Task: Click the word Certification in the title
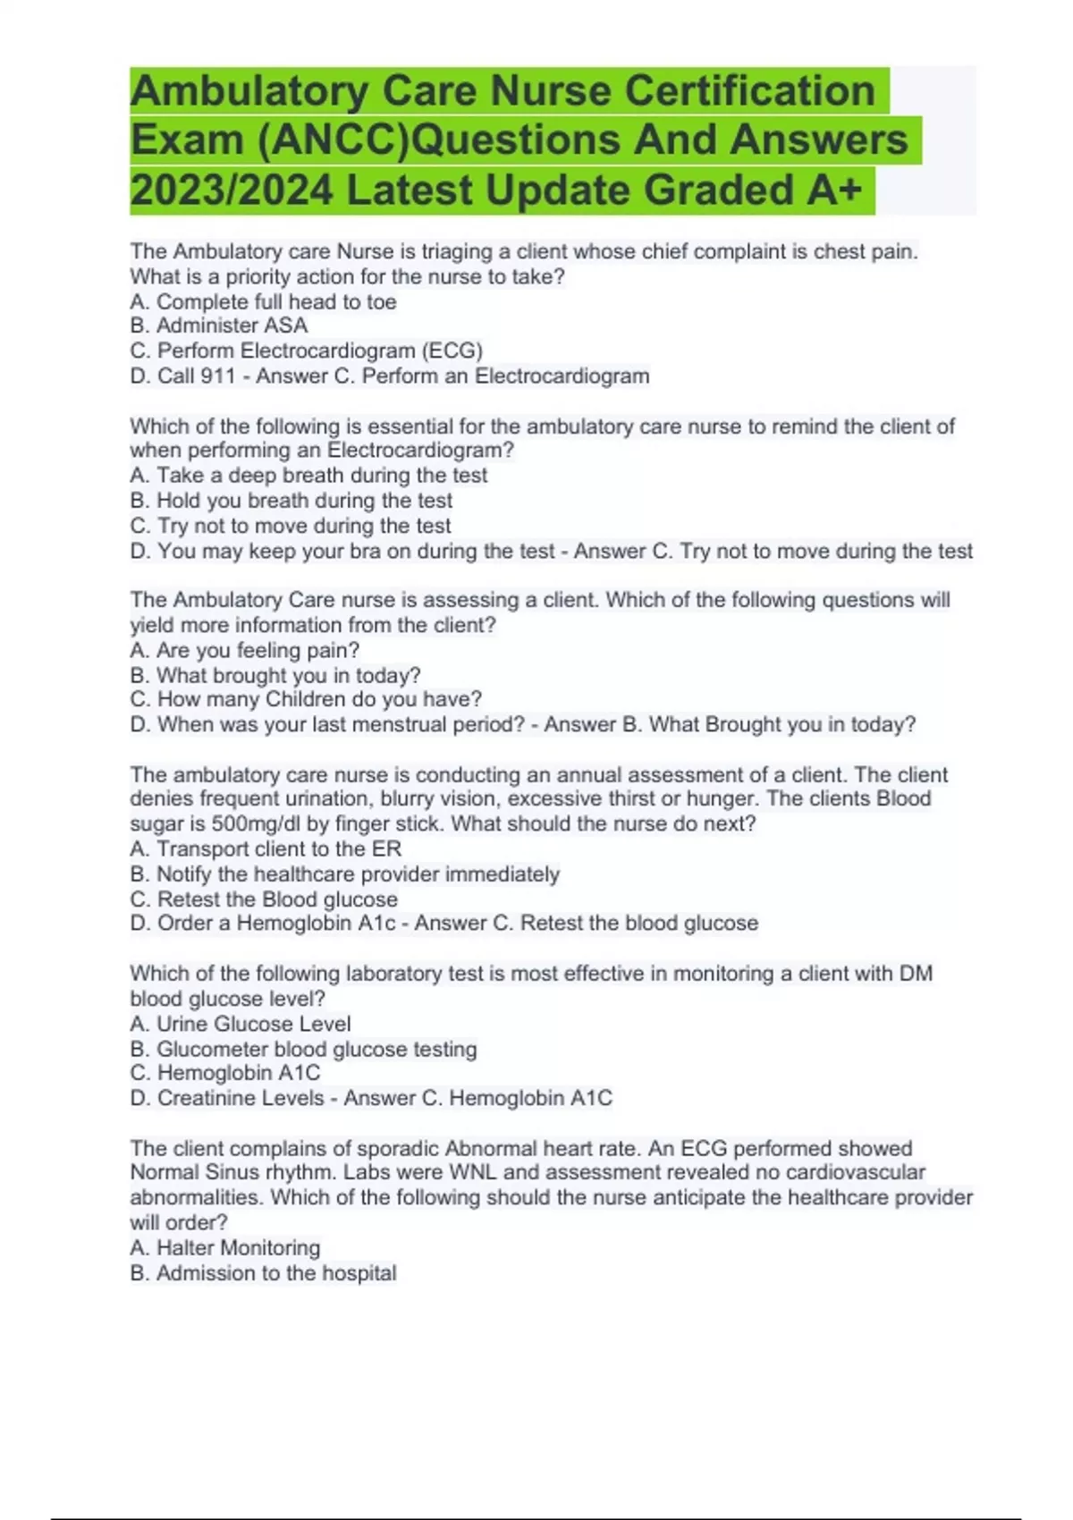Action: coord(749,91)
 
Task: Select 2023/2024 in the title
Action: coord(232,190)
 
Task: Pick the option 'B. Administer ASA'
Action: coord(219,325)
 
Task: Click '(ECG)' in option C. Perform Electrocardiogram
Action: coord(452,350)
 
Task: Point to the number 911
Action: coord(217,376)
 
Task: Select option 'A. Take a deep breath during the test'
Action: coord(308,475)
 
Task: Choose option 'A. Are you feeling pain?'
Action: coord(245,650)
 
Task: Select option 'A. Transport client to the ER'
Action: coord(266,849)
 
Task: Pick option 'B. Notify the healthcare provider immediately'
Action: coord(345,874)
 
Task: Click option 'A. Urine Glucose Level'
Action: coord(241,1024)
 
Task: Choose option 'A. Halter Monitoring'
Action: coord(225,1247)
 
